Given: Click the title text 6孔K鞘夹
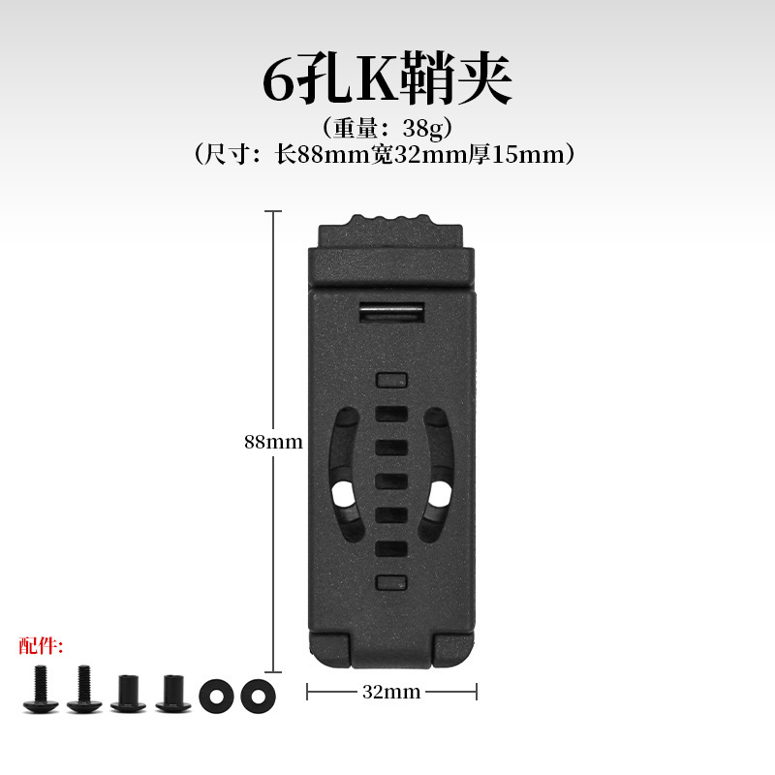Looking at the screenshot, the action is point(387,79).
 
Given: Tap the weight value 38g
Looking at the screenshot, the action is point(423,128).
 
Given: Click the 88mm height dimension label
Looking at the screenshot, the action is point(273,442).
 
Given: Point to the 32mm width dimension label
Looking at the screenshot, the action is point(391,692).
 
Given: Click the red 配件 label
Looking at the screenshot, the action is point(41,645).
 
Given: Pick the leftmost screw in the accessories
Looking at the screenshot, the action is point(41,688).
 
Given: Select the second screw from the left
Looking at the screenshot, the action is point(84,688).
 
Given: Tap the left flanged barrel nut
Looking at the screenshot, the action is point(128,693).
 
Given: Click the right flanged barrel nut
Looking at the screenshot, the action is point(173,693).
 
